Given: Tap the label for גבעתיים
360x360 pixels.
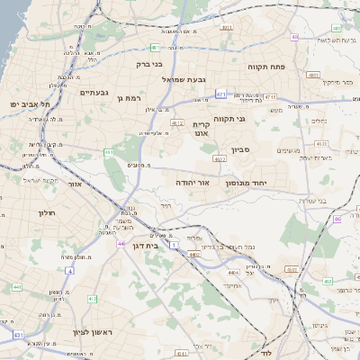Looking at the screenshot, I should tap(94, 92).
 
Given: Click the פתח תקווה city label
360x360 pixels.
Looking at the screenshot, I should tap(267, 66).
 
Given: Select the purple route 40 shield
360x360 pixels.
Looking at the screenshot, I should tap(295, 37).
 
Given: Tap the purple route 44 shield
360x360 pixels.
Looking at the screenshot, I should tap(121, 243).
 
